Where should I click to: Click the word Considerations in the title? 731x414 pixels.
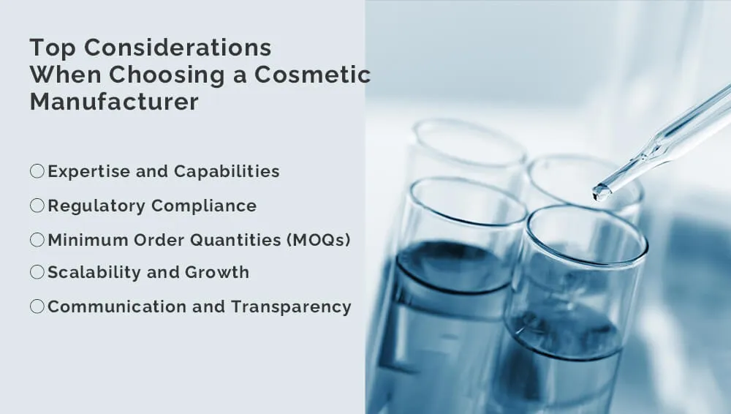tap(178, 48)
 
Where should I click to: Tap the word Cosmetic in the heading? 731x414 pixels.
tap(312, 75)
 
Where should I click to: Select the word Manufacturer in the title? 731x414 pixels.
tap(114, 101)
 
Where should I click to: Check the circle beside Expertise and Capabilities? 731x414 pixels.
tap(37, 171)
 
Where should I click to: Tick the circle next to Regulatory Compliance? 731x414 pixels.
tap(37, 206)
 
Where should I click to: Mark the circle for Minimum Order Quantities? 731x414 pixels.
tap(37, 240)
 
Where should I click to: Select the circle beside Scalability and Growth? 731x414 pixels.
tap(37, 272)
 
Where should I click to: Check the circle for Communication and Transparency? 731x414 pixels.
tap(37, 306)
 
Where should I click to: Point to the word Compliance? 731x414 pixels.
tap(204, 206)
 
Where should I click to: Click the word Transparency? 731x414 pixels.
tap(291, 308)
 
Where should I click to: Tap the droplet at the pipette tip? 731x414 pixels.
tap(601, 192)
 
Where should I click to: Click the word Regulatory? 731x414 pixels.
tap(97, 206)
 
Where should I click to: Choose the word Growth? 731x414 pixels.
tap(217, 272)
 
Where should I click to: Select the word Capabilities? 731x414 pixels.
tap(227, 172)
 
